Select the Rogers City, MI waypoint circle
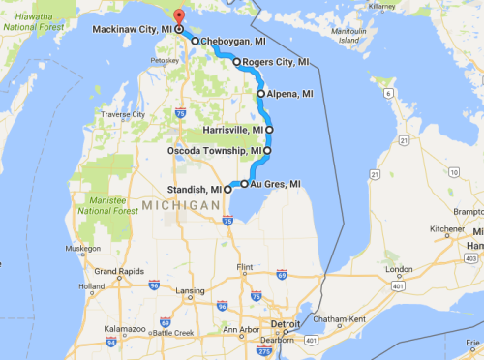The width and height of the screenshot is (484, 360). pos(236,62)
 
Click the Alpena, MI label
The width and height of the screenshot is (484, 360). pos(291,94)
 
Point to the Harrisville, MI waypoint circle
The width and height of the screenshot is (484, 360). pos(269,129)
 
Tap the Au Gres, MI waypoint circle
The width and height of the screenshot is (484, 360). pos(245,184)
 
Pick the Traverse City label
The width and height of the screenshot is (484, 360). pos(122,114)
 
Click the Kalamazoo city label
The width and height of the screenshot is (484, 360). pos(127,330)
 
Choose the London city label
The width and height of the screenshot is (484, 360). pos(398,270)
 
